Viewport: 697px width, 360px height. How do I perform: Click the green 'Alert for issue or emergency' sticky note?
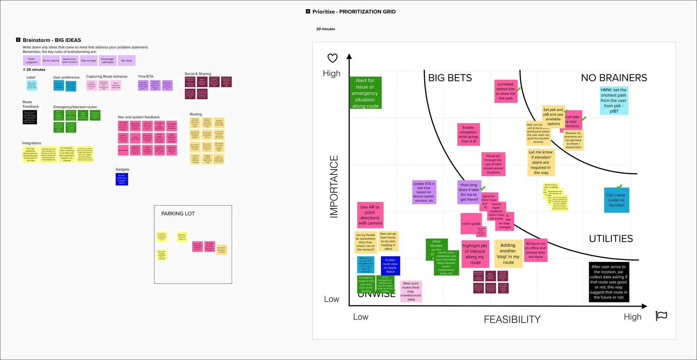365,93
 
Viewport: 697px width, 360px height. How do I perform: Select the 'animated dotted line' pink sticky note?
505,91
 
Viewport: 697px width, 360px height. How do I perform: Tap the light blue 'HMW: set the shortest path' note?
614,101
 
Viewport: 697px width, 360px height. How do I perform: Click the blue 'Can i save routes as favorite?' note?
616,200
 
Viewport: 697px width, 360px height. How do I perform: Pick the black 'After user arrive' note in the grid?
609,282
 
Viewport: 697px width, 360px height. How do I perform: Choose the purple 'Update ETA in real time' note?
424,192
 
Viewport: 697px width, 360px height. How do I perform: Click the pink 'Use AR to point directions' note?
370,215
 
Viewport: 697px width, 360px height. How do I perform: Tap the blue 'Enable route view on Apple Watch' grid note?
390,266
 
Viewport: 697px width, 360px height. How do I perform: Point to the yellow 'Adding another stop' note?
508,254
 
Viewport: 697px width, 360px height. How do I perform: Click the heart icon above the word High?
332,58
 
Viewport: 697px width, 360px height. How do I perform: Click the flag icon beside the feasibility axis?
661,316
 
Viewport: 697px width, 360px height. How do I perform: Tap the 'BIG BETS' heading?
450,78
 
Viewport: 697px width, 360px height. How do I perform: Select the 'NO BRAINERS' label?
614,78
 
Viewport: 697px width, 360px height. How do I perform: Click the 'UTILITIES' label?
611,239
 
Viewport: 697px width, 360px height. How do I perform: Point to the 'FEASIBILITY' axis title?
512,319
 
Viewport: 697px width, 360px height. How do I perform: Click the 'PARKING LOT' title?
178,214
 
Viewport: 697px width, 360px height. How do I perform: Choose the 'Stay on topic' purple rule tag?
89,61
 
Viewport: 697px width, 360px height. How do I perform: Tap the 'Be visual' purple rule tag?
126,61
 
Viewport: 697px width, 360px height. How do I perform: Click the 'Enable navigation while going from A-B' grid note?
468,134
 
